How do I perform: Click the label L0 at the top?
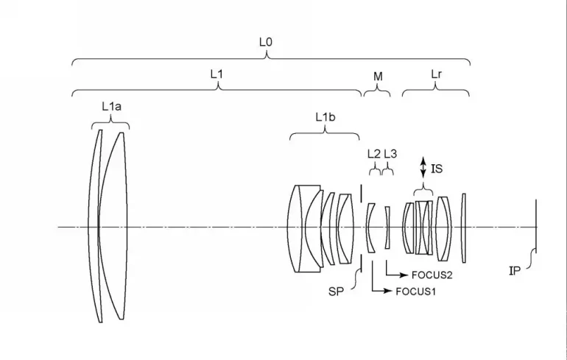coord(267,43)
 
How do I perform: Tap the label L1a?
coord(111,107)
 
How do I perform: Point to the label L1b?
coord(325,117)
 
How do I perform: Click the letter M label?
coord(378,77)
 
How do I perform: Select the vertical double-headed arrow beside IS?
coord(423,166)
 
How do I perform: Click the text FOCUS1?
coord(416,292)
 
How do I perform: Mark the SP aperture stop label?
coord(337,290)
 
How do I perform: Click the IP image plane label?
coord(515,271)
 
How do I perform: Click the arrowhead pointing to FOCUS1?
coord(390,292)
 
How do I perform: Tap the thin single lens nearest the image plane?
coord(463,227)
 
